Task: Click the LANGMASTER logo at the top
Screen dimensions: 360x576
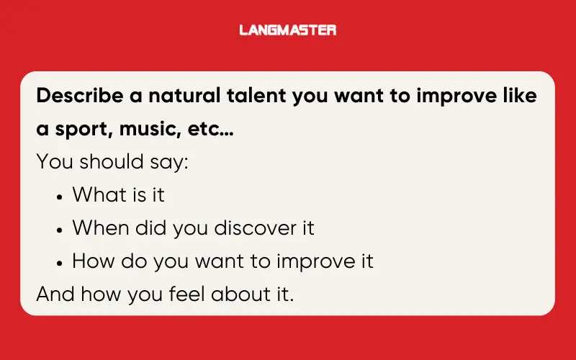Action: click(288, 30)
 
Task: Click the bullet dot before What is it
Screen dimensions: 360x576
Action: click(60, 196)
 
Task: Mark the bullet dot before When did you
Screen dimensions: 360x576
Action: click(60, 229)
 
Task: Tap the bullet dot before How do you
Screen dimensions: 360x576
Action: click(60, 262)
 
